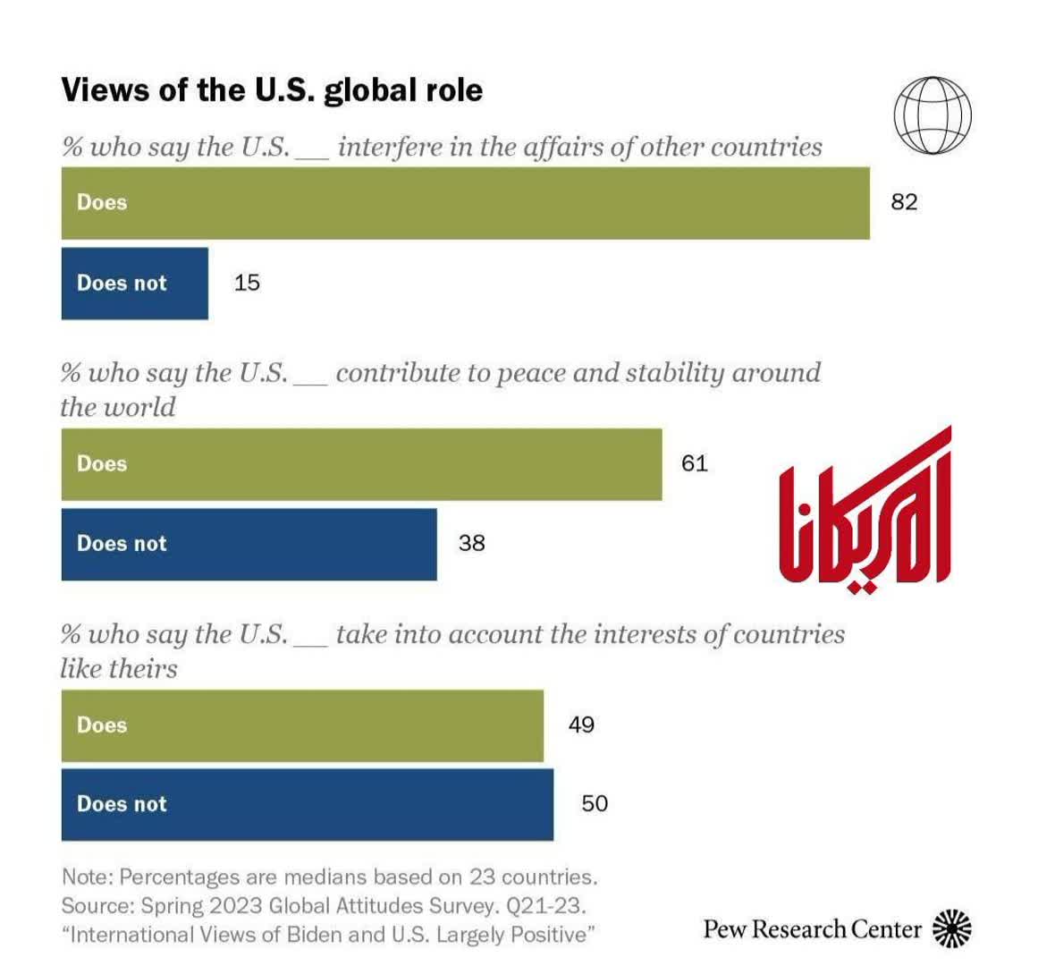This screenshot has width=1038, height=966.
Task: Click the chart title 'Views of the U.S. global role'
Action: click(272, 90)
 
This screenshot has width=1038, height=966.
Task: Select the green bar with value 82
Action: click(465, 203)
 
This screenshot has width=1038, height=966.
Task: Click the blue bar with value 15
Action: click(134, 284)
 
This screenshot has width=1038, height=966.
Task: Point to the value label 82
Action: click(904, 202)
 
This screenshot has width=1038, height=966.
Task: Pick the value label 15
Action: click(247, 283)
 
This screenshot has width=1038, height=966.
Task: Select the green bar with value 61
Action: click(361, 464)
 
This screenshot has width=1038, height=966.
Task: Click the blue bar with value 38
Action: click(249, 544)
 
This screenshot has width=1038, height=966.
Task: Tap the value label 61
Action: click(694, 463)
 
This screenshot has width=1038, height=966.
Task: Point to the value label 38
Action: click(471, 543)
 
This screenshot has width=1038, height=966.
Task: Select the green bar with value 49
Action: click(302, 725)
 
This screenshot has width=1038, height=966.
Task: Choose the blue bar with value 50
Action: click(307, 804)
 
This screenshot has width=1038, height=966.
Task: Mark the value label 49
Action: click(581, 724)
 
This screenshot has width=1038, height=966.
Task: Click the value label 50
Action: click(595, 803)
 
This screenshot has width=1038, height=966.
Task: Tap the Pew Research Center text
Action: click(812, 929)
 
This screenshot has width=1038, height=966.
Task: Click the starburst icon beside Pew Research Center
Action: click(951, 929)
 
